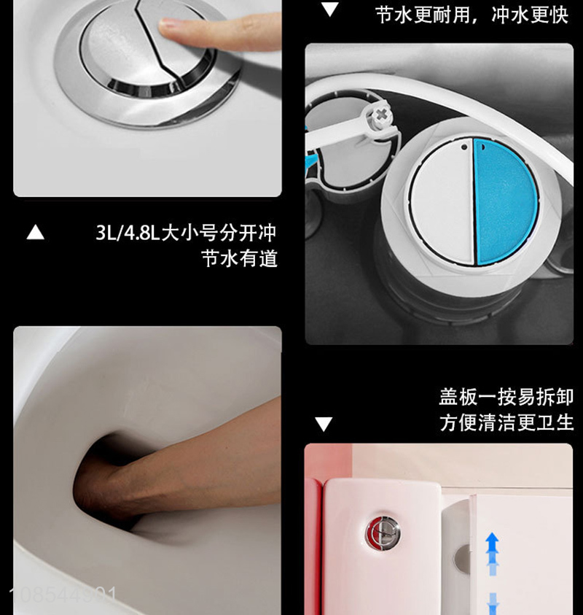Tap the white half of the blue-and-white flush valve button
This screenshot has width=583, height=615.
(x=443, y=201)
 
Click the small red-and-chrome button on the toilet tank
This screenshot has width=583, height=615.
(x=383, y=533)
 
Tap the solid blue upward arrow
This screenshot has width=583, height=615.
(x=492, y=544)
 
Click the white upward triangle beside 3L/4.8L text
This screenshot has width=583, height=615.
(x=35, y=232)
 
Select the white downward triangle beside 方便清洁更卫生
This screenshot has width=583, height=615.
(x=324, y=424)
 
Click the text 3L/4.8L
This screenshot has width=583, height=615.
(x=128, y=233)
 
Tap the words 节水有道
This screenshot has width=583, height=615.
(x=239, y=259)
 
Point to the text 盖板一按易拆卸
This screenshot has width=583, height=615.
(x=506, y=397)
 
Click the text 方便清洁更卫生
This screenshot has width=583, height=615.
(x=506, y=423)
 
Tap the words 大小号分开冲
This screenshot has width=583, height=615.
(x=219, y=233)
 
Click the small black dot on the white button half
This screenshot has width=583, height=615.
(x=464, y=147)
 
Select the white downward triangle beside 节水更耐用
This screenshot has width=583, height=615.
(x=330, y=9)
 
